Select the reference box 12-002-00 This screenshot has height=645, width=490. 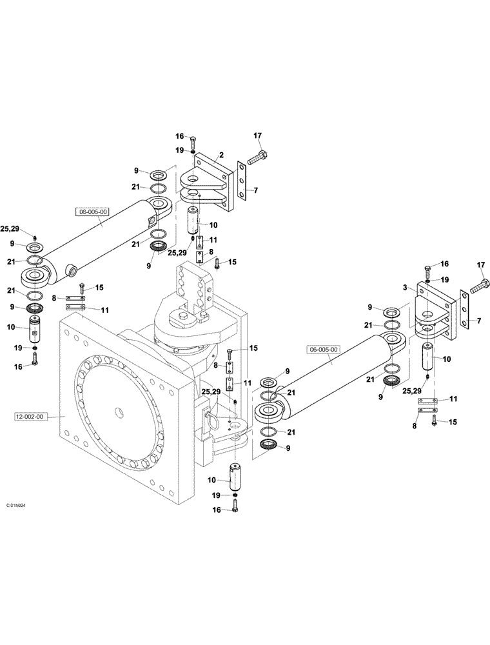click(x=30, y=417)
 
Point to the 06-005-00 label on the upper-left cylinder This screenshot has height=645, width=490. click(x=93, y=211)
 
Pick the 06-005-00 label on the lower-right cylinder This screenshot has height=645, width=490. click(x=324, y=350)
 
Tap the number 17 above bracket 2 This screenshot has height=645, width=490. click(x=257, y=135)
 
